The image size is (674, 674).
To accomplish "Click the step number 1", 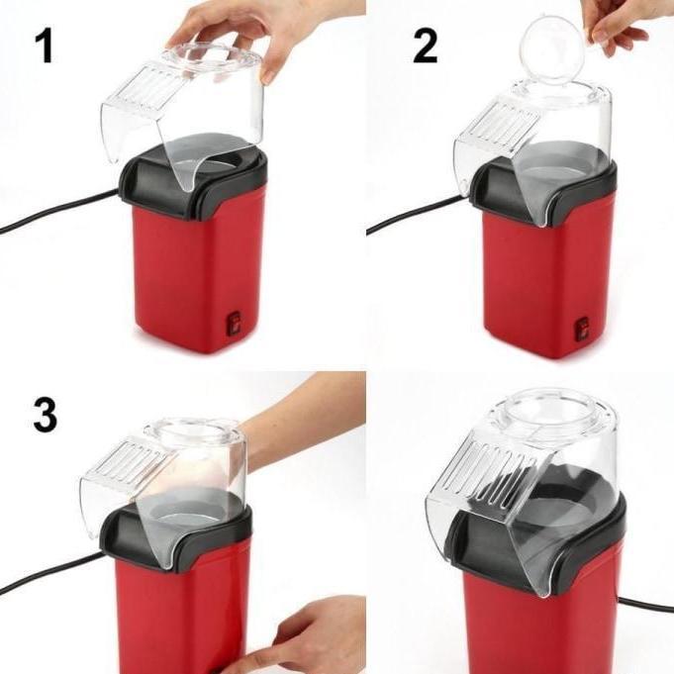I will click(x=44, y=46).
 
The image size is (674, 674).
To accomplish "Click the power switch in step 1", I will click(x=235, y=322).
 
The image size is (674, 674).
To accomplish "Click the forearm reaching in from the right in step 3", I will click(x=307, y=416).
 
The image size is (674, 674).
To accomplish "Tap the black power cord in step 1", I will click(x=49, y=213).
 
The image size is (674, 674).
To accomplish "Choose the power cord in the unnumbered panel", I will click(x=648, y=604).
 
